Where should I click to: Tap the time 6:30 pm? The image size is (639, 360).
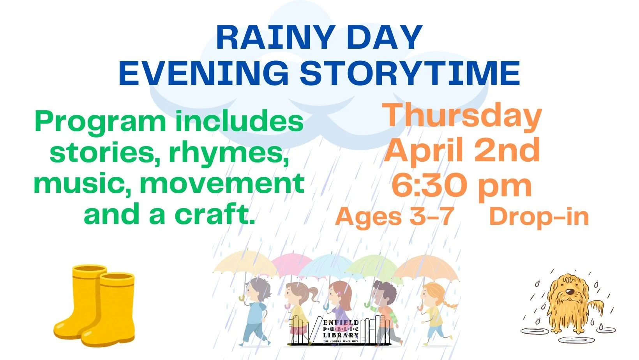(462, 186)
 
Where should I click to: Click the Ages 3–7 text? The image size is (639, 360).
(394, 217)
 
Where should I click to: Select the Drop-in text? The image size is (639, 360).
(538, 217)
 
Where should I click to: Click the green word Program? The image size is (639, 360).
(100, 122)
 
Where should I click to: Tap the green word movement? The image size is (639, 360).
(222, 184)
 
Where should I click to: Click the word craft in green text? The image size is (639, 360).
(214, 214)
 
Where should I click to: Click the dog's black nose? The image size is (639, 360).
(570, 291)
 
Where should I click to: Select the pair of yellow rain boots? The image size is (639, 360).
(95, 306)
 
